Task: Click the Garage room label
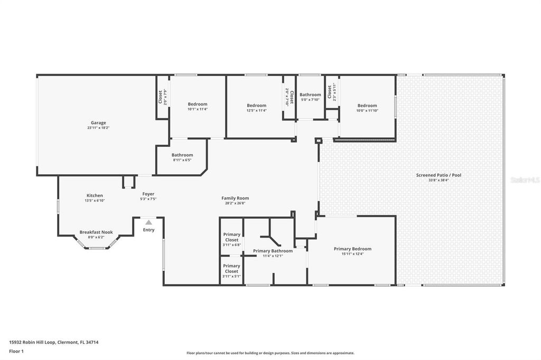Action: [98, 123]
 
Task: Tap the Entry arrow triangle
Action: [148, 223]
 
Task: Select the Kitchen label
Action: [95, 195]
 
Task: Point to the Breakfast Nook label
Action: [96, 232]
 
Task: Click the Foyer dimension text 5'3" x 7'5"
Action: [148, 199]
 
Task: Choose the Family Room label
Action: [235, 198]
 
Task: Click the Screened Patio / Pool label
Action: [439, 175]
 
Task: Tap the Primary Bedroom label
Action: [352, 249]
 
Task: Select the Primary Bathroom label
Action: [273, 251]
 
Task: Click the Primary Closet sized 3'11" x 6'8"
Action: [231, 237]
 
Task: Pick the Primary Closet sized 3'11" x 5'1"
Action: [231, 269]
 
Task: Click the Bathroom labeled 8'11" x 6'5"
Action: [182, 155]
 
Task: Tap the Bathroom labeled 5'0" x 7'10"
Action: [310, 95]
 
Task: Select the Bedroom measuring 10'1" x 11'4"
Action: [198, 105]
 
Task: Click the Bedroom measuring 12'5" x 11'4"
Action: [256, 106]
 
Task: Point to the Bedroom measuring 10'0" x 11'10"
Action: [367, 106]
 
